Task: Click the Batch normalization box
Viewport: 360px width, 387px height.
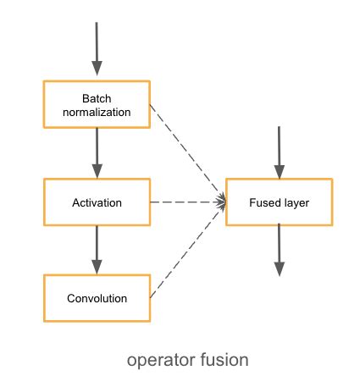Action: coord(97,104)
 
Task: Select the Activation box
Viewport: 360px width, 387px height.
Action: coord(97,203)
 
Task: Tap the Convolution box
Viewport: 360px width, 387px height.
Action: coord(97,298)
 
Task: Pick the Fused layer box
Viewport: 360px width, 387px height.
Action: coord(279,203)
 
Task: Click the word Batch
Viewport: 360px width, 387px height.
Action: coord(97,97)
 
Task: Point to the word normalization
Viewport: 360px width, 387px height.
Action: coord(97,111)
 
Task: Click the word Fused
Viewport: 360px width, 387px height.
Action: coord(264,203)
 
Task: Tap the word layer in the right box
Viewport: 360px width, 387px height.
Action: coord(293,203)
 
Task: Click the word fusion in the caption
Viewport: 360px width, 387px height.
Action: coord(221,360)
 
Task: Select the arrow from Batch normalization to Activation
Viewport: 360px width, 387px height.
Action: coord(97,152)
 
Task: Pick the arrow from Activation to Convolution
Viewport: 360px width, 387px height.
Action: coord(97,250)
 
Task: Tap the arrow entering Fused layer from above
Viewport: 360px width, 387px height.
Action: coord(279,152)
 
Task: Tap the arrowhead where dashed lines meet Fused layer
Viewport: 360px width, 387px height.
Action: coord(223,202)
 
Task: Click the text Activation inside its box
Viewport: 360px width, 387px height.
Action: coord(97,203)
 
